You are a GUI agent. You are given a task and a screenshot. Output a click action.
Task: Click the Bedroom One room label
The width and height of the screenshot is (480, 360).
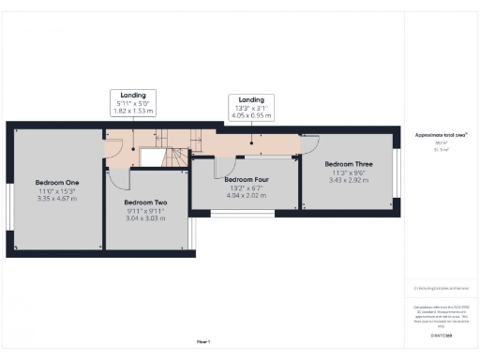(x=57, y=182)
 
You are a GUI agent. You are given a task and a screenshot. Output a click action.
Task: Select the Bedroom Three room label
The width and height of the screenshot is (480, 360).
(x=349, y=163)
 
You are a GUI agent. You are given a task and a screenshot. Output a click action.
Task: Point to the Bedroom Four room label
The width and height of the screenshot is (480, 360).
(x=247, y=179)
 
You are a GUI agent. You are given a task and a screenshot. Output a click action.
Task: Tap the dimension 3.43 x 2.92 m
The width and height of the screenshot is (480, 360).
(x=349, y=180)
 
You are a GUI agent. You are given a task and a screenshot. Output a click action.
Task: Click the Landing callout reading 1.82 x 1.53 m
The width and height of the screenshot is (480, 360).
(x=132, y=111)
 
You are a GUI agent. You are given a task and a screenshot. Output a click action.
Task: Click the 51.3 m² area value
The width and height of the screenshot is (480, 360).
(x=440, y=148)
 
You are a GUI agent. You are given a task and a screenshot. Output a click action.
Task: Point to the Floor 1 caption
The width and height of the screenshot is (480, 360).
(x=202, y=341)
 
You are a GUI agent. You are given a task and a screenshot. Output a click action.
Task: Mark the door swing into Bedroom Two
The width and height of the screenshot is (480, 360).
(x=116, y=179)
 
